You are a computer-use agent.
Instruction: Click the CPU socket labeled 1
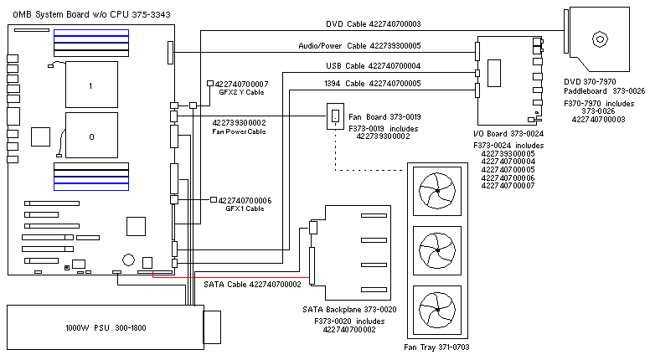(90, 85)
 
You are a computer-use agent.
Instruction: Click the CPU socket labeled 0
(90, 135)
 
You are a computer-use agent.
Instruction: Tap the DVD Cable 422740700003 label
(373, 25)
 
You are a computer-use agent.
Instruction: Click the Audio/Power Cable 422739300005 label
(360, 46)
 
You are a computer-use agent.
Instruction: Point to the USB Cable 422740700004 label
(373, 66)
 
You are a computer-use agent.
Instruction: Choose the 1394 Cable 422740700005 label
(373, 84)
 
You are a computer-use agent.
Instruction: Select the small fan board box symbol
(334, 116)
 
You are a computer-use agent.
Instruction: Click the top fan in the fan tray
(439, 192)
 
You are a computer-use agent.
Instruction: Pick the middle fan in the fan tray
(439, 249)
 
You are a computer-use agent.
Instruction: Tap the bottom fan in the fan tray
(439, 306)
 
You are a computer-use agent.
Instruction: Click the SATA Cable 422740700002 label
(252, 285)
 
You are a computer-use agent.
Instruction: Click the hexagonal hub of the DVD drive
(600, 39)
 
